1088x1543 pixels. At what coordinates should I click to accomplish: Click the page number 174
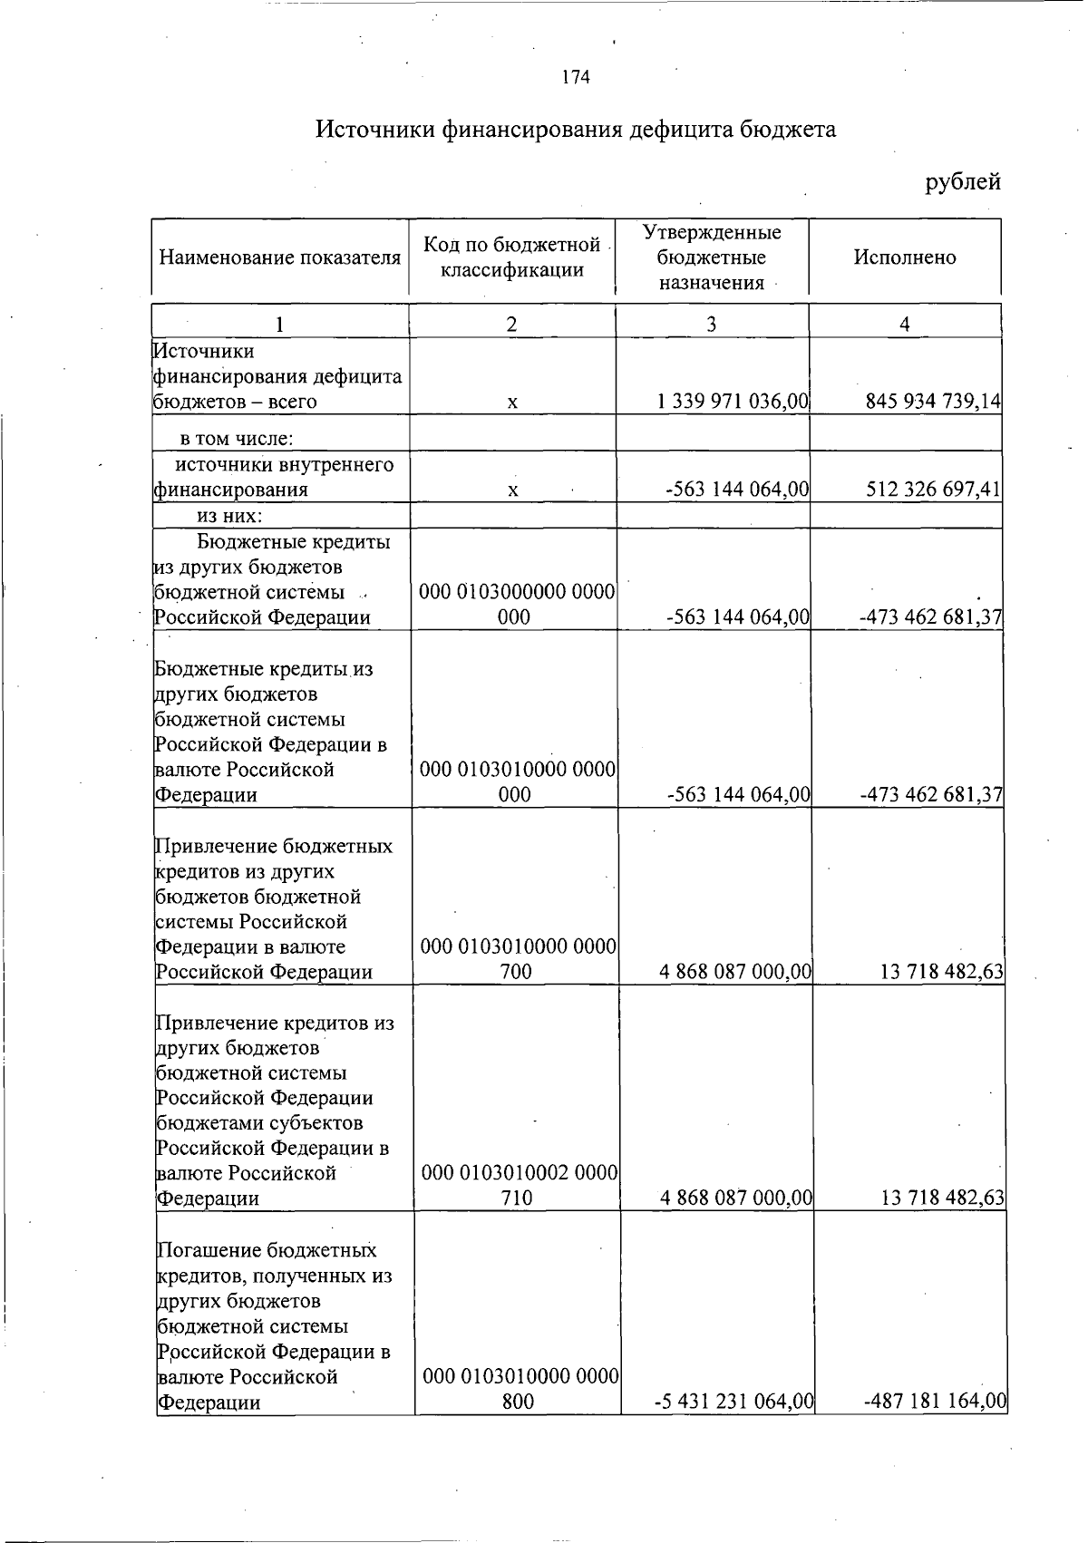point(576,78)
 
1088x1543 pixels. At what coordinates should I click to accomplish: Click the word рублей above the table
point(962,182)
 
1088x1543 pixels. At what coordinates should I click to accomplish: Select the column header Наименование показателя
point(279,257)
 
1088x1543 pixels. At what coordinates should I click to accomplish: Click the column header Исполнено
point(904,257)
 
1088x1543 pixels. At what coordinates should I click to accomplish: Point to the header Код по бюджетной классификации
point(512,257)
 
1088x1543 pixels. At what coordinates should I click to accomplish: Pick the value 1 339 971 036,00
point(733,402)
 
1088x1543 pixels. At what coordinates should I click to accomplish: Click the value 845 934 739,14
point(933,402)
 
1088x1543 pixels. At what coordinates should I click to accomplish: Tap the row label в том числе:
point(236,440)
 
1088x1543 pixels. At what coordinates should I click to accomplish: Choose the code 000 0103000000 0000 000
point(516,605)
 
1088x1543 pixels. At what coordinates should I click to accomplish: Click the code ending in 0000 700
point(517,959)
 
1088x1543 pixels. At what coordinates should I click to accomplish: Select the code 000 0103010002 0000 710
point(519,1185)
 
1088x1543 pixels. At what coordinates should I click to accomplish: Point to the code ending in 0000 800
point(520,1389)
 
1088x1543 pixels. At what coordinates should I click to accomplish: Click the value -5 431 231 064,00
point(733,1402)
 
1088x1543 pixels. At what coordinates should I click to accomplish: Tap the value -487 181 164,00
point(935,1402)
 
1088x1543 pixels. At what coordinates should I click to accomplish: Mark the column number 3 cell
point(712,325)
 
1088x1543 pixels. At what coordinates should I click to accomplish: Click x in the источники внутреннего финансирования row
point(512,490)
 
